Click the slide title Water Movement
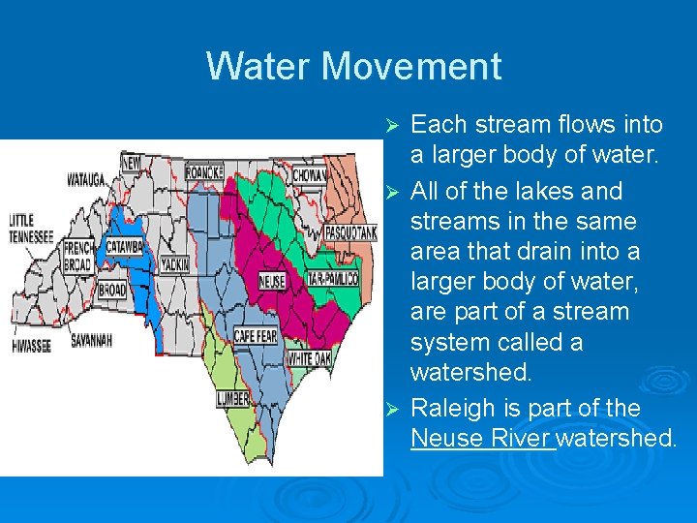[353, 66]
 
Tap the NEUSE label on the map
[272, 283]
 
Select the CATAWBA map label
[124, 246]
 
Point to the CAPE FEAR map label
[257, 336]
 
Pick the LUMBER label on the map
[233, 399]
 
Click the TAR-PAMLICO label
[333, 279]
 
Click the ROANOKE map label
[204, 171]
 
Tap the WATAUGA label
[87, 179]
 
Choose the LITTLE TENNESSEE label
[33, 227]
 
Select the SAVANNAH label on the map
[92, 341]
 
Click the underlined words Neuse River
[482, 439]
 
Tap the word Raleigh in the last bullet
[448, 407]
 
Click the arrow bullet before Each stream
[392, 126]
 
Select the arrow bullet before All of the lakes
[392, 192]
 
